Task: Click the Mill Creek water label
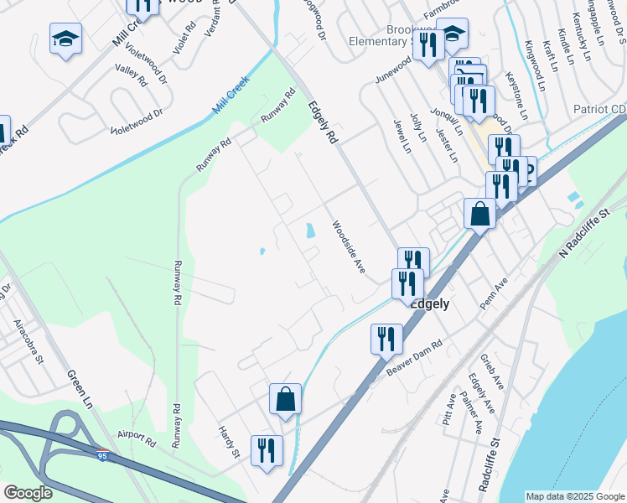pos(231,100)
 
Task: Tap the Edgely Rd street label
pos(322,122)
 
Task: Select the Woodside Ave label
pos(348,246)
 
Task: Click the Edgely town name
pos(429,303)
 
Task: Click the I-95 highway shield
pos(102,456)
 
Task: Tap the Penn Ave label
pos(495,296)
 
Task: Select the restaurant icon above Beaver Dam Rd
pos(386,339)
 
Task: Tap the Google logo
pos(28,493)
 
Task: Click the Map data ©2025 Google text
pos(574,496)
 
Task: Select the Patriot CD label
pos(599,110)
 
